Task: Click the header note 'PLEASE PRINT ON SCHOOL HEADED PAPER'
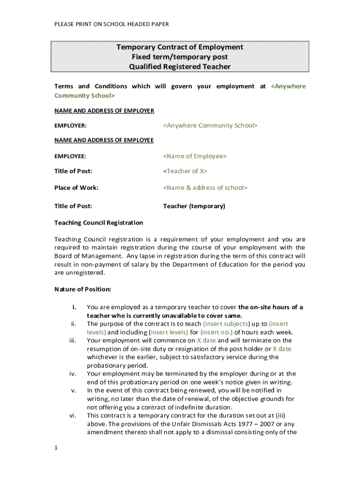tap(112, 24)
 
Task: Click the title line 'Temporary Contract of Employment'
tap(180, 47)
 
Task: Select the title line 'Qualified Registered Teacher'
tap(180, 66)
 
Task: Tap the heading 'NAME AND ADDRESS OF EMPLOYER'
tap(104, 111)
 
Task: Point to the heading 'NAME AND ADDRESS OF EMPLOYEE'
tap(104, 140)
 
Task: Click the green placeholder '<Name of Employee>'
tap(194, 156)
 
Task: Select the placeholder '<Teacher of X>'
tap(185, 171)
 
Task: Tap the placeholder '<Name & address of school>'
tap(205, 188)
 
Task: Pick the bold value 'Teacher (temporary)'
tap(194, 206)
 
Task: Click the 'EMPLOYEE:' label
tap(70, 156)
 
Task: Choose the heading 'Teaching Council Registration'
tap(99, 223)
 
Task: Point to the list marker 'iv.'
tap(72, 374)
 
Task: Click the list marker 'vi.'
tap(72, 415)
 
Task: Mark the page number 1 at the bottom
tap(56, 448)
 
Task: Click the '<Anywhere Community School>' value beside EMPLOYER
tap(210, 125)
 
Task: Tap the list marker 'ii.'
tap(73, 324)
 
